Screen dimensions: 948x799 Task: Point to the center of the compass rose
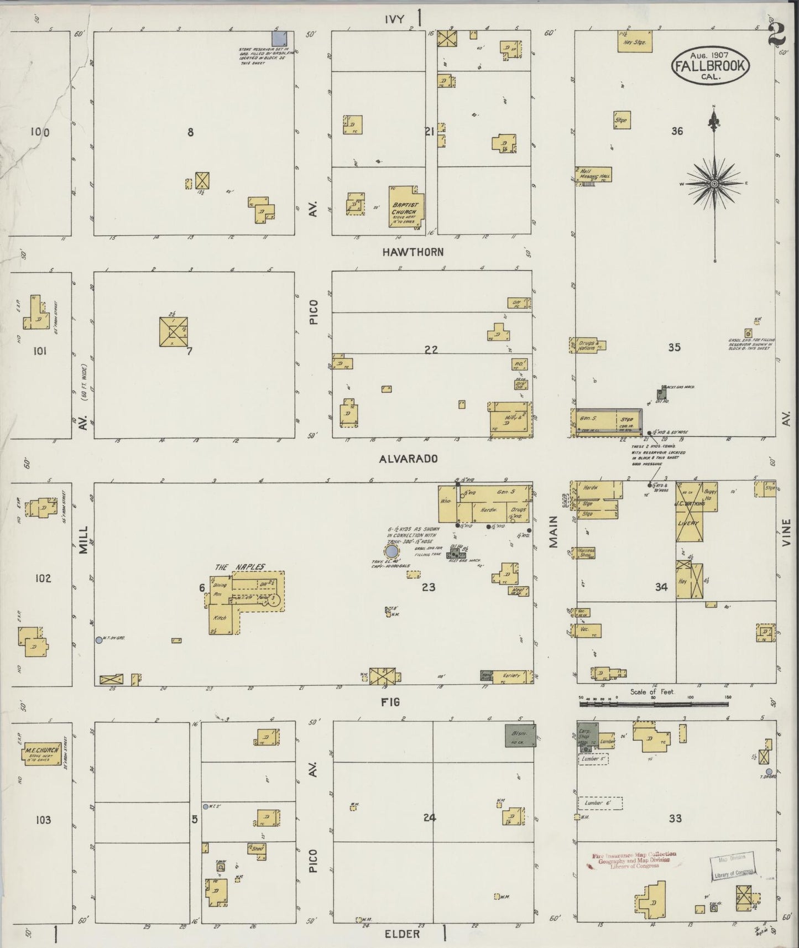pos(714,183)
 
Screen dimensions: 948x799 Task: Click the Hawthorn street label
pos(413,252)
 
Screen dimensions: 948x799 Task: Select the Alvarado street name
pos(409,459)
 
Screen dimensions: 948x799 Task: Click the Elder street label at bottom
pos(402,934)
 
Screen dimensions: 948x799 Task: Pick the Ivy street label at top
pos(396,19)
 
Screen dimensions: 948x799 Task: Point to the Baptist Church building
pos(406,210)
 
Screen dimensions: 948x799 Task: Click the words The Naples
pos(239,567)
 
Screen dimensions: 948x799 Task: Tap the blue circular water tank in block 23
pos(391,551)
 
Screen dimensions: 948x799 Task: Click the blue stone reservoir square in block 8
pos(280,38)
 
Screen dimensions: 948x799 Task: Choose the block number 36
pos(677,131)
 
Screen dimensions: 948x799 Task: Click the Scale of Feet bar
pos(654,704)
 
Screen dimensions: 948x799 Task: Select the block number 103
pos(43,820)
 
